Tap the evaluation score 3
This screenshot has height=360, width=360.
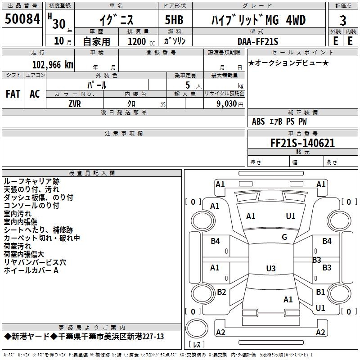tap(343, 21)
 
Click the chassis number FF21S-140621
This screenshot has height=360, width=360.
tap(302, 143)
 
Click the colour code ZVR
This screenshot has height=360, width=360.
tap(75, 103)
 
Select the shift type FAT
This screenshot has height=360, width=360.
tap(13, 94)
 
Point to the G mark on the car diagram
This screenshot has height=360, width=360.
tap(284, 237)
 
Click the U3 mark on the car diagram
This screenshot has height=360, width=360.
tap(270, 269)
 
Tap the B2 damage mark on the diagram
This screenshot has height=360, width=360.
tap(221, 292)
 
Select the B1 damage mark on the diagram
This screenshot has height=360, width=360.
tap(320, 292)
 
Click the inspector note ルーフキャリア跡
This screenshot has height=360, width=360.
tap(31, 181)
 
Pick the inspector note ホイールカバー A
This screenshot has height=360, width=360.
tap(31, 270)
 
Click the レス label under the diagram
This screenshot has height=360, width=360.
tap(197, 345)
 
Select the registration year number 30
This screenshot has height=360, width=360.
tap(58, 23)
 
